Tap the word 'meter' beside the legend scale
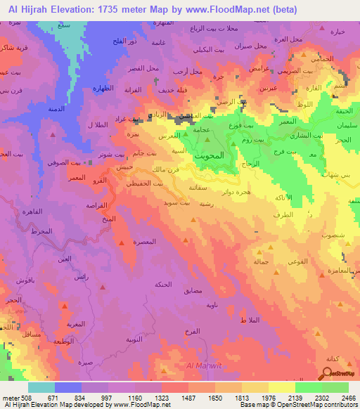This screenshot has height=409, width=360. [x=11, y=397]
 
